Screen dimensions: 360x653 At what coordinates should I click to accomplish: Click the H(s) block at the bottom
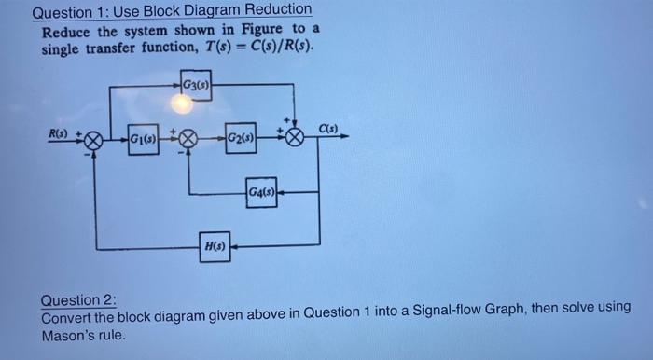tap(215, 247)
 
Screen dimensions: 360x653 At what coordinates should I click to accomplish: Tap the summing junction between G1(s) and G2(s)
tap(188, 141)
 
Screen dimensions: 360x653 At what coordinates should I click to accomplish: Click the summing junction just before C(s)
tap(295, 140)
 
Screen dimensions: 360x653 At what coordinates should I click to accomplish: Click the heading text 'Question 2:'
tap(79, 299)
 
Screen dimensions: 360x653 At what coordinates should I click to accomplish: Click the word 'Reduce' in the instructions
tap(64, 30)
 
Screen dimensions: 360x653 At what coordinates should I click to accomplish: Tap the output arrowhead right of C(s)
tap(346, 137)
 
